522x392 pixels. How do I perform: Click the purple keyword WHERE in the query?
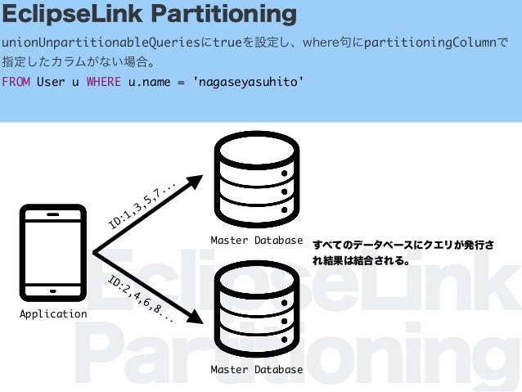103,82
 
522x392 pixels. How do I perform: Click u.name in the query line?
148,82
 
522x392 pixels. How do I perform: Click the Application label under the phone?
53,314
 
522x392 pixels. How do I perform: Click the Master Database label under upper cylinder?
256,241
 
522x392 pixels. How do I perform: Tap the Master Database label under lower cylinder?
256,370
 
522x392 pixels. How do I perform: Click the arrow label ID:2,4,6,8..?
140,299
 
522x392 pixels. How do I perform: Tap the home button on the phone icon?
53,290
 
